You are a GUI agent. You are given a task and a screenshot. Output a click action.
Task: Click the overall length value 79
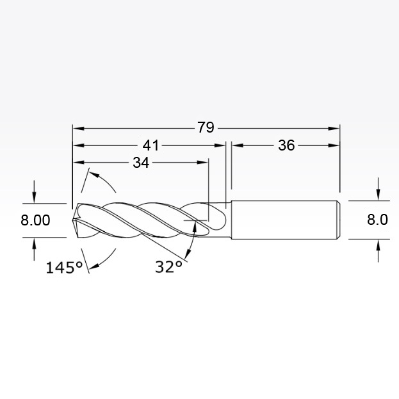coord(206,127)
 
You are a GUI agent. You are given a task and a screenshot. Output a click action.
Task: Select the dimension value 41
coord(151,145)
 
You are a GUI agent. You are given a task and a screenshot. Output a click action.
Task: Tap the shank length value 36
coord(286,145)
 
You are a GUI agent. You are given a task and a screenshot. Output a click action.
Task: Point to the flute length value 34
coord(141,163)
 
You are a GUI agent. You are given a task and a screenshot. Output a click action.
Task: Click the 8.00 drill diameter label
coord(35,220)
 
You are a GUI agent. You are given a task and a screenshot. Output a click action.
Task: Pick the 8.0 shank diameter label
coord(377,219)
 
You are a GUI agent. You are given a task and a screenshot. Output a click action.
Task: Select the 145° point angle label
coord(64,268)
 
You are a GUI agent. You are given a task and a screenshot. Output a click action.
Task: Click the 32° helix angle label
coord(168,267)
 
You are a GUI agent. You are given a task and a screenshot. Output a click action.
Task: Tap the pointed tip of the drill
coord(72,219)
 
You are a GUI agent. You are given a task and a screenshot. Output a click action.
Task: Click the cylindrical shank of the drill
coord(286,220)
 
